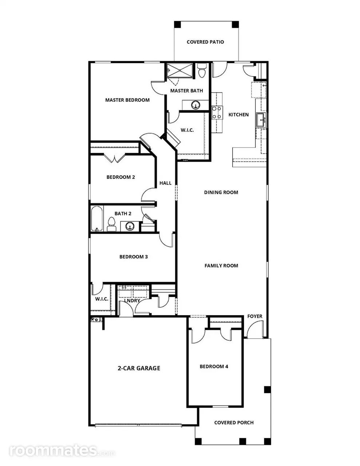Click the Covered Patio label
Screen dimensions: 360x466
point(205,42)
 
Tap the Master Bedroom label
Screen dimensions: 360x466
point(127,100)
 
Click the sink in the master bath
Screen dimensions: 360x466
point(195,105)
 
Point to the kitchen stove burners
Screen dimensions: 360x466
point(217,113)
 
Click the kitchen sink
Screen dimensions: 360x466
point(261,120)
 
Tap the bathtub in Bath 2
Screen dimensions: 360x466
point(97,219)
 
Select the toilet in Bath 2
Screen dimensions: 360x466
point(111,224)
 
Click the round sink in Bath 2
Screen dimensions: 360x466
point(130,226)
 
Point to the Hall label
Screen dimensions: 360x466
point(165,183)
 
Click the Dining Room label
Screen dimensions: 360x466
point(221,192)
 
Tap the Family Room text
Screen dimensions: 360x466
point(221,266)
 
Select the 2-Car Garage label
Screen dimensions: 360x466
point(139,368)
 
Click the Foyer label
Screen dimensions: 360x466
point(255,316)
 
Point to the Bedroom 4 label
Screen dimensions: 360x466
point(214,367)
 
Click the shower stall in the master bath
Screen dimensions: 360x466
point(180,70)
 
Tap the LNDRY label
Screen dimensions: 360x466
point(132,301)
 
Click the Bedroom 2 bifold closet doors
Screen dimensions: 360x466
point(115,158)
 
